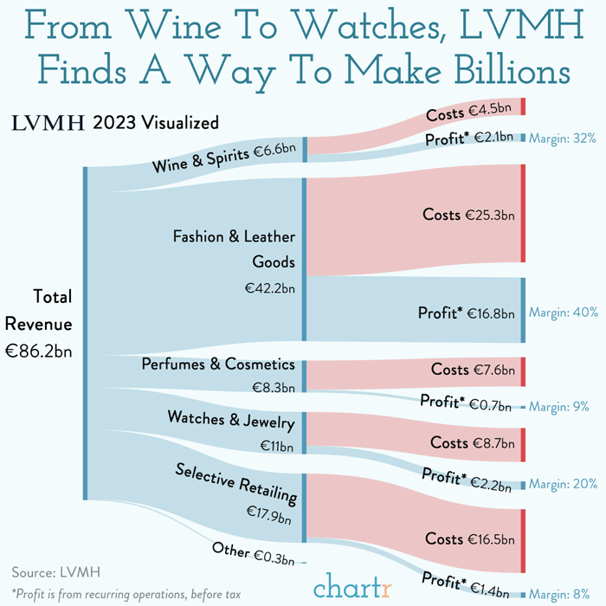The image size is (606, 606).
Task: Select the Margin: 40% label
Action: pos(563,312)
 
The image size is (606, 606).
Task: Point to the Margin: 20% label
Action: pos(562,484)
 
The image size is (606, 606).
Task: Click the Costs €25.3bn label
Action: pos(468,215)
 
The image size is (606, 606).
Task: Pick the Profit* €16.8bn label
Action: pos(467,313)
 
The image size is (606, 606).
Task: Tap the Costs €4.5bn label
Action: pos(471,113)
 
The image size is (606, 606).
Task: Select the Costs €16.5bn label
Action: pos(470,539)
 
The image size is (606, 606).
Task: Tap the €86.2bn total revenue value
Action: pos(38,351)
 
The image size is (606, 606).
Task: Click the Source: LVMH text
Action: pos(56,571)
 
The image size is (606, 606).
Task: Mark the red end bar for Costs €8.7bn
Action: pos(522,444)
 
